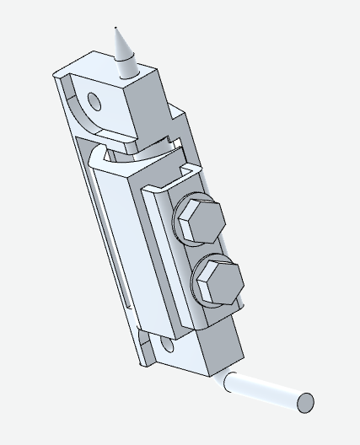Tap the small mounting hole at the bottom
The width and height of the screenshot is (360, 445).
166,345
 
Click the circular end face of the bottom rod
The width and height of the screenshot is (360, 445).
305,403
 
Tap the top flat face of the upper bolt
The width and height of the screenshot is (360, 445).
202,221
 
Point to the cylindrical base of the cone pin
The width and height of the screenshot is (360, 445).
125,66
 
